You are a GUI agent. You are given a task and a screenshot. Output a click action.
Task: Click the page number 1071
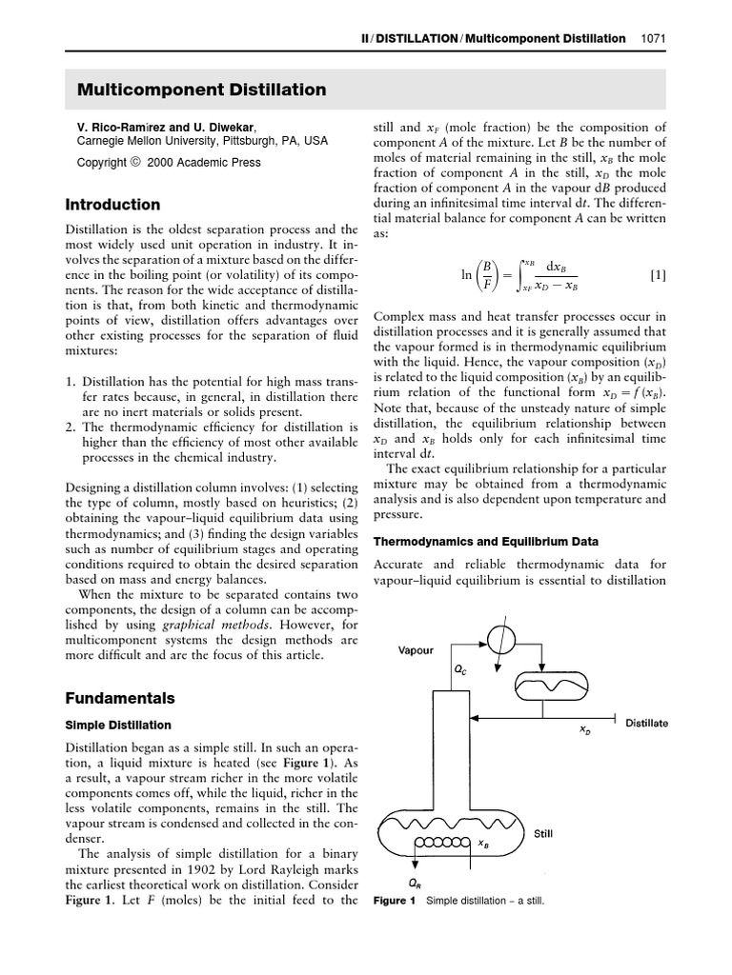[653, 39]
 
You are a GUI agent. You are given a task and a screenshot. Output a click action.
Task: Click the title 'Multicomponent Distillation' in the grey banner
[201, 90]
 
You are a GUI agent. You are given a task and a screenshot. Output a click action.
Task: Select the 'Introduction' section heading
[112, 205]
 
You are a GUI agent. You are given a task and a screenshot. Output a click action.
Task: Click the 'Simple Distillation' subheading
[118, 726]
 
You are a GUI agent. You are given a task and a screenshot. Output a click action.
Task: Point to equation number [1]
[658, 275]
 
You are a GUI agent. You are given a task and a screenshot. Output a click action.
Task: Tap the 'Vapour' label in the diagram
[416, 651]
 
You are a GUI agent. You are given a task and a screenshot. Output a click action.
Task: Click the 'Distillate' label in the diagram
[646, 724]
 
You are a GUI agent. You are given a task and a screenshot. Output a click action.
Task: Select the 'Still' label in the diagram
[542, 833]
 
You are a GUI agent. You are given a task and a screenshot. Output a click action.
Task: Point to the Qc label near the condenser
[460, 669]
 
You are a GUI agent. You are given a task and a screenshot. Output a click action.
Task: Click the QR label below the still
[415, 882]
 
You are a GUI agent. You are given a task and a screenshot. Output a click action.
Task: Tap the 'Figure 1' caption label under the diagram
[395, 901]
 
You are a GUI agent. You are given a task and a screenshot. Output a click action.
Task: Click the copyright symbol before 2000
[135, 162]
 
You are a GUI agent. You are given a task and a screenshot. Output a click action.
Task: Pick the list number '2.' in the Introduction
[71, 428]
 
